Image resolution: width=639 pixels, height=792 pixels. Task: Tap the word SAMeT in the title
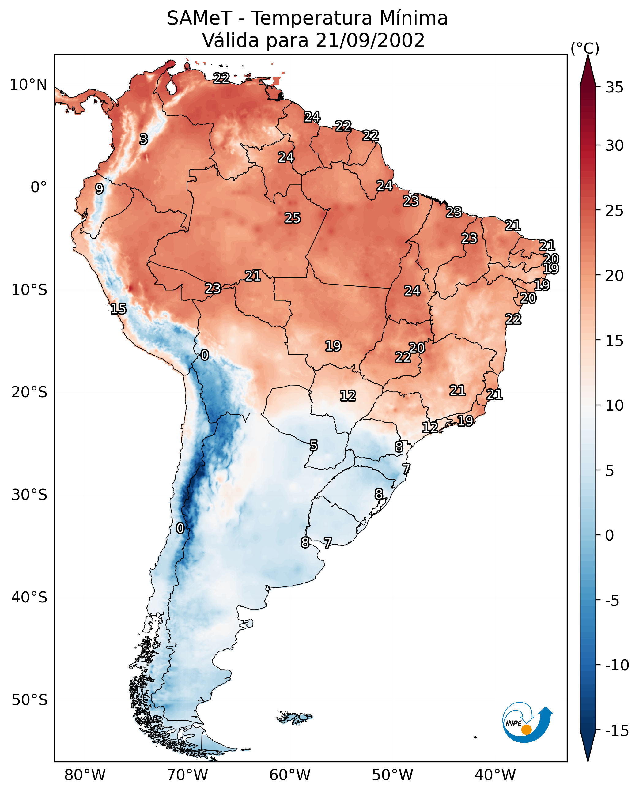coord(199,18)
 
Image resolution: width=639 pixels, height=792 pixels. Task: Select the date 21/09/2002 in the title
coord(370,40)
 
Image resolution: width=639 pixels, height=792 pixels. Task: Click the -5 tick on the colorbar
coord(612,601)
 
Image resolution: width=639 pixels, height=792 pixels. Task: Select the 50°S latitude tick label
coord(29,700)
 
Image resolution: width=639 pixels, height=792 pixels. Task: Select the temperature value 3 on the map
coord(144,139)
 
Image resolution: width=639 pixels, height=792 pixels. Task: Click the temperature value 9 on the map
coord(99,189)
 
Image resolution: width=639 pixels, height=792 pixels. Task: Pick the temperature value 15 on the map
coord(118,309)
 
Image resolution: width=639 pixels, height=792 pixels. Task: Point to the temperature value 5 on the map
coord(313,446)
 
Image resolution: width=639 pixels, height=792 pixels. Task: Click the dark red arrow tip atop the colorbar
coord(588,55)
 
